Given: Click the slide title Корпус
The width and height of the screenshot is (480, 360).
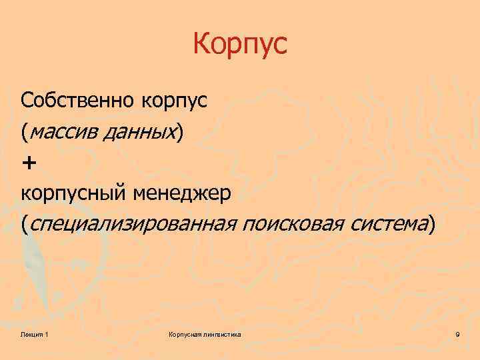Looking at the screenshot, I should point(239,45).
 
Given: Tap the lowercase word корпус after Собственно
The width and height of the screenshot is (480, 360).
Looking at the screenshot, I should point(175,102).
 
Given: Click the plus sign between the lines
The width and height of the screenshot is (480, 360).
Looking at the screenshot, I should point(30,163).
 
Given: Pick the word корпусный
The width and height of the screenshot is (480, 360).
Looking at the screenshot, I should point(75,194).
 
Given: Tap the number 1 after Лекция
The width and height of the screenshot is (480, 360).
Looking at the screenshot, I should point(46,333).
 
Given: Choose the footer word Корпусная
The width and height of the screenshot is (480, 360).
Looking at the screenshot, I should point(185,333).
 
